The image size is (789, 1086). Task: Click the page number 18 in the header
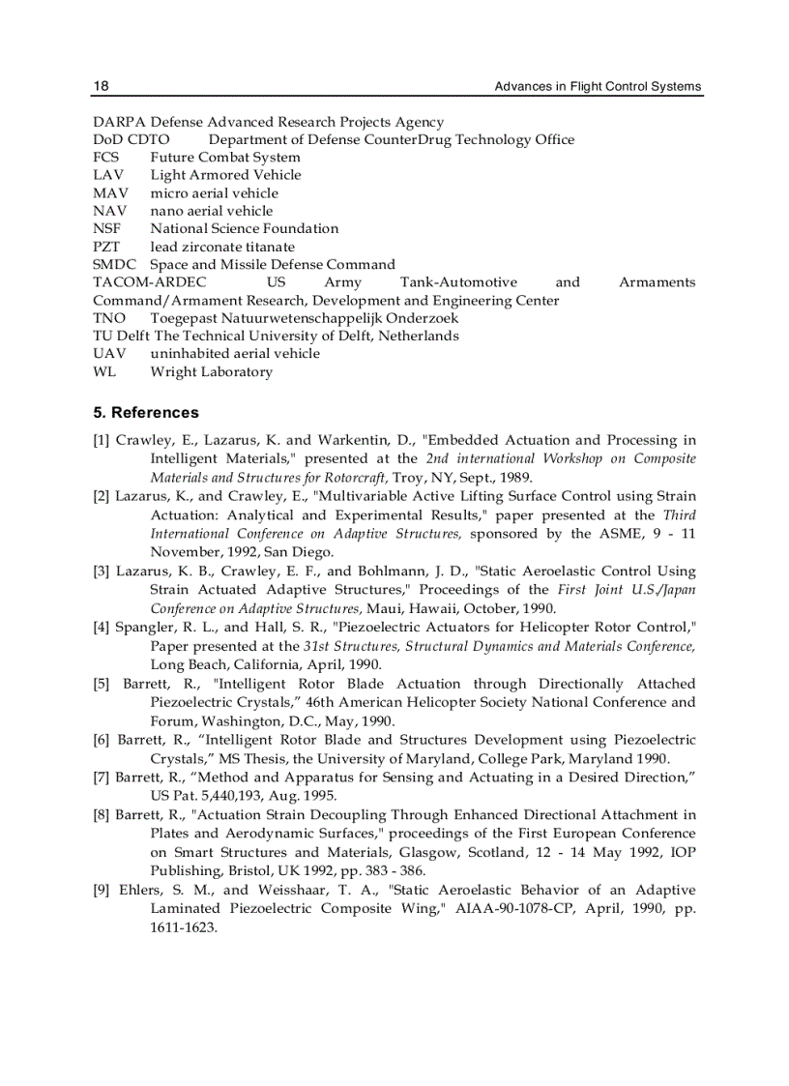tap(101, 86)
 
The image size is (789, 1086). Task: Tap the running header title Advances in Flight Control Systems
tap(598, 86)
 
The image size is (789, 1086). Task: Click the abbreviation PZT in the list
tap(106, 247)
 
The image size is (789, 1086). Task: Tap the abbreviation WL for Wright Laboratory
tap(104, 371)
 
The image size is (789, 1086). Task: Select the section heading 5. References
tap(146, 412)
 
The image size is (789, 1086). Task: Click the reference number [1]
tap(102, 441)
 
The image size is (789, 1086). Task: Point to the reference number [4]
tap(102, 628)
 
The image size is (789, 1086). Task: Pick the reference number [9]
tap(102, 890)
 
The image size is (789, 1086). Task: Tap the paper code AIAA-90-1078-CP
tap(523, 908)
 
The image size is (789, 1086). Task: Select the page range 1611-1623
tap(184, 926)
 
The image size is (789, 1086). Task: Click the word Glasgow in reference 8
tap(430, 852)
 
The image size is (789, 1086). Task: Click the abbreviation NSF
tap(107, 228)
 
